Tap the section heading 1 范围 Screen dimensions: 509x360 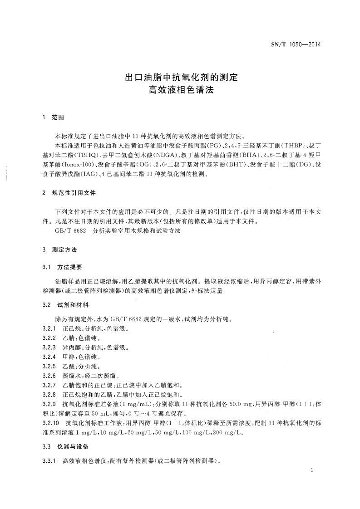pyautogui.click(x=53, y=117)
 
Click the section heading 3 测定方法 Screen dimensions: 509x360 pyautogui.click(x=59, y=250)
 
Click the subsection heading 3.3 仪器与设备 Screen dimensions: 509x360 pyautogui.click(x=66, y=446)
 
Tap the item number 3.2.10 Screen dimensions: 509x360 pyautogui.click(x=50, y=423)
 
